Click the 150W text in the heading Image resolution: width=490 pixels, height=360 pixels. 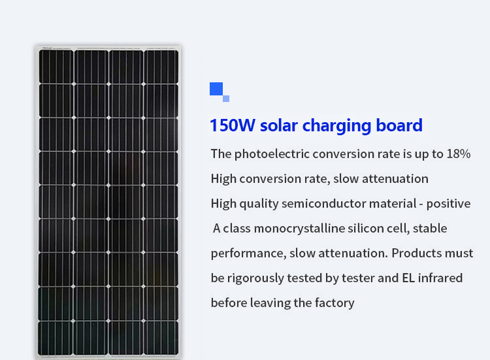(233, 125)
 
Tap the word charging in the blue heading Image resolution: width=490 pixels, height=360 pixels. (337, 126)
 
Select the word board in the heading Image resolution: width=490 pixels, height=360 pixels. (399, 125)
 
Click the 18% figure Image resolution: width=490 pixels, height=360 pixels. (459, 154)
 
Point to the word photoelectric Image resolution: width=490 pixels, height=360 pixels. (272, 154)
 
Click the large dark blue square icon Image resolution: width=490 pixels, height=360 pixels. (216, 89)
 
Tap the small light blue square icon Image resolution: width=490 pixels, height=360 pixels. (226, 99)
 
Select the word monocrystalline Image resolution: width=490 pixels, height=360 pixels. (299, 229)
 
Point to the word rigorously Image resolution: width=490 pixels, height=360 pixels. (255, 278)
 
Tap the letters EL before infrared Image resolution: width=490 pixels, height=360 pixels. (408, 278)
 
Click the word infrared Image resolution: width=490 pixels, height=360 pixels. (440, 278)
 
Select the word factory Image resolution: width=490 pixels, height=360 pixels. (335, 303)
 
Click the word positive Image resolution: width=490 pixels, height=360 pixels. (448, 204)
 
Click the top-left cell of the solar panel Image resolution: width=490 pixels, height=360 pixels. (56, 66)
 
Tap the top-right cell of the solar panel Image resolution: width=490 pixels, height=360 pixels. (161, 66)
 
